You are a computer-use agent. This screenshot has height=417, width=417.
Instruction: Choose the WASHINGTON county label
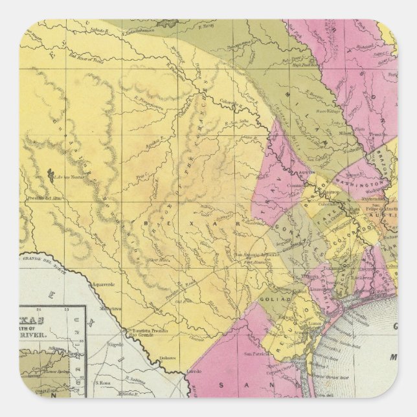coord(358,183)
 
